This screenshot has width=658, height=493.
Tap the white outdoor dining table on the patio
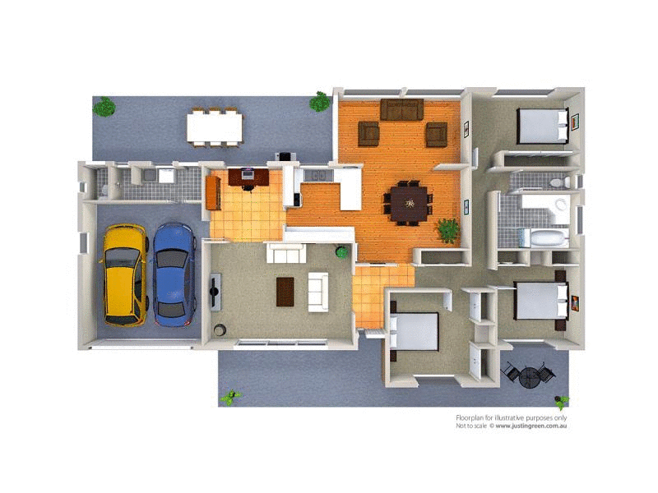tap(215, 127)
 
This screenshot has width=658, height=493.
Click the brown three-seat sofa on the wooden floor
tap(402, 108)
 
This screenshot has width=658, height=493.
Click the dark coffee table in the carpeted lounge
tap(285, 291)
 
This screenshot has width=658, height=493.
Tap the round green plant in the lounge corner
tap(341, 251)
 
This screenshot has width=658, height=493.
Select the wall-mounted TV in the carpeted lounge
tap(215, 290)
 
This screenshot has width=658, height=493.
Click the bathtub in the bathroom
tap(549, 238)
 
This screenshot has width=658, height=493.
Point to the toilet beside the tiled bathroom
tap(557, 182)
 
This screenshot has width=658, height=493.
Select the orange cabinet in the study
tap(212, 193)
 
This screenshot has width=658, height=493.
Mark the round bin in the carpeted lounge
tap(220, 331)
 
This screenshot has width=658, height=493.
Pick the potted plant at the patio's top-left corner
tap(104, 107)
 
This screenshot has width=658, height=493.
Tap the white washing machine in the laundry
tap(166, 175)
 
